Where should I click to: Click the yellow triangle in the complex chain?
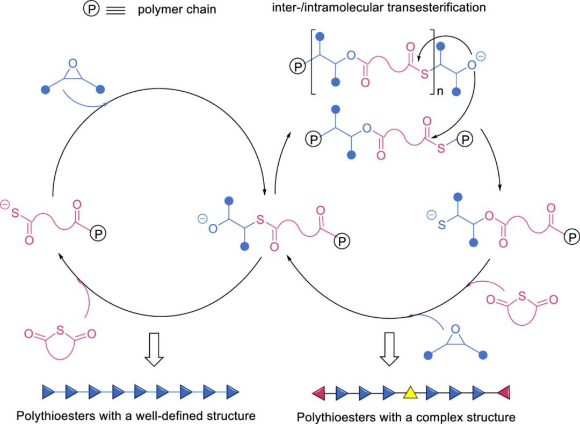point(410,393)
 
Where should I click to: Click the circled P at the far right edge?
point(572,236)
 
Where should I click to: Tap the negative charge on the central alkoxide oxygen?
point(201,219)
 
